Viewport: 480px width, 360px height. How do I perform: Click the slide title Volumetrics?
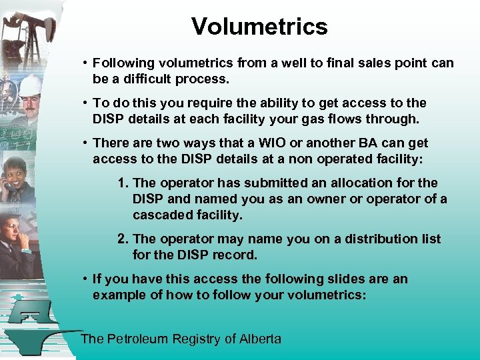[259, 27]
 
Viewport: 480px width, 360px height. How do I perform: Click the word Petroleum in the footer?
[137, 339]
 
